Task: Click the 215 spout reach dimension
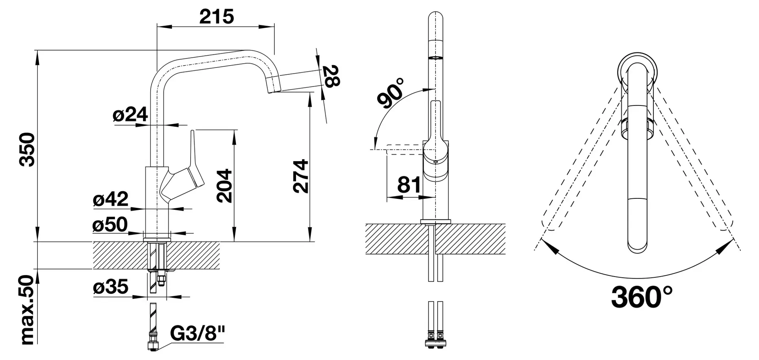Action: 217,17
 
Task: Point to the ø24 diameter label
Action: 130,115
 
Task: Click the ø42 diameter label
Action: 111,199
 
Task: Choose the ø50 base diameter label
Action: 110,224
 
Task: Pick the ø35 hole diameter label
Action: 111,286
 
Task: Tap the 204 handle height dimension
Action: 225,186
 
